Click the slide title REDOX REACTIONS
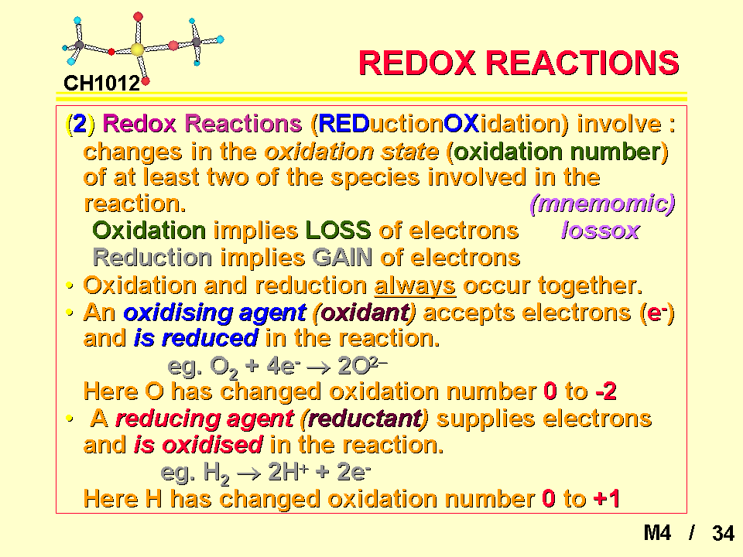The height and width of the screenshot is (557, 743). (x=519, y=63)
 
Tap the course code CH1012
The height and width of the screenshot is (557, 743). (x=102, y=84)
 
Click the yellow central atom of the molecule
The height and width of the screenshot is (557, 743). (x=138, y=50)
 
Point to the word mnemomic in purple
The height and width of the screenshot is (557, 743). (x=602, y=203)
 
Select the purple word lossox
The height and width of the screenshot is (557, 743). (x=601, y=231)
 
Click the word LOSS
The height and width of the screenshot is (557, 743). (x=338, y=231)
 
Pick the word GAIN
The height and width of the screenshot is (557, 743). (x=343, y=258)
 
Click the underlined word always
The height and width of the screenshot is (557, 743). (x=415, y=286)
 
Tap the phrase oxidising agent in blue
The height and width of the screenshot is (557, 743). (x=214, y=313)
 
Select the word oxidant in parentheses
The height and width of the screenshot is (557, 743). (x=364, y=313)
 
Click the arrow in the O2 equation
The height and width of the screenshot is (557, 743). (x=318, y=367)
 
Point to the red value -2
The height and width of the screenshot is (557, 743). (x=606, y=391)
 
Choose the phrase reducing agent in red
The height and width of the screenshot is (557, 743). (x=204, y=419)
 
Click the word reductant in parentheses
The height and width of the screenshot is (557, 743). (x=364, y=419)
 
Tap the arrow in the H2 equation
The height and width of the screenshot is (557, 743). (x=248, y=473)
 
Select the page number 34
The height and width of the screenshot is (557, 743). (x=723, y=533)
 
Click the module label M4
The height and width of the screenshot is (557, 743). (x=657, y=533)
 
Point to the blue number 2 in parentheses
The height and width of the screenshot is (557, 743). (x=80, y=124)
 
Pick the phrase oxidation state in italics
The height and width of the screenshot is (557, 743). (x=351, y=152)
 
